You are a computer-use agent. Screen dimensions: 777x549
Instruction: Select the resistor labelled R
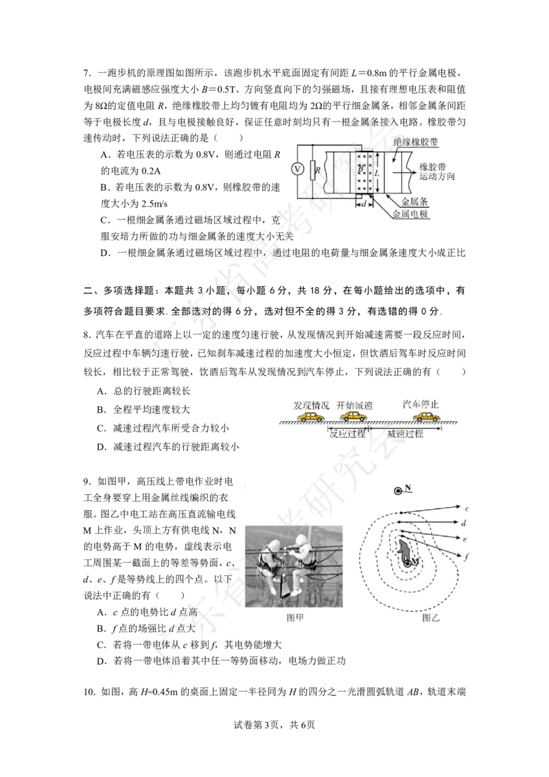(x=313, y=169)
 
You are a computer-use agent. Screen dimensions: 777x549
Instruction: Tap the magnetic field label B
(x=360, y=169)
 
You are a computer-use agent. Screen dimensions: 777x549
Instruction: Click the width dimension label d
(x=363, y=203)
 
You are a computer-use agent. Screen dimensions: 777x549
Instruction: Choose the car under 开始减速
(x=354, y=416)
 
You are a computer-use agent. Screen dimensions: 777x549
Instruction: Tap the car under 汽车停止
(x=425, y=416)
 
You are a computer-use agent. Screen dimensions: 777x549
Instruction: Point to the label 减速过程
(x=405, y=433)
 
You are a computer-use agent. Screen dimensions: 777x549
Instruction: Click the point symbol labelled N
(x=397, y=490)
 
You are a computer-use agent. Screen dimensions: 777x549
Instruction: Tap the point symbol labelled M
(x=408, y=563)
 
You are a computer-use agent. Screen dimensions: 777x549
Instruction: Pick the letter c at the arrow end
(x=467, y=509)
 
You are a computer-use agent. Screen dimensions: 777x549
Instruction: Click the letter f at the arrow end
(x=467, y=557)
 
